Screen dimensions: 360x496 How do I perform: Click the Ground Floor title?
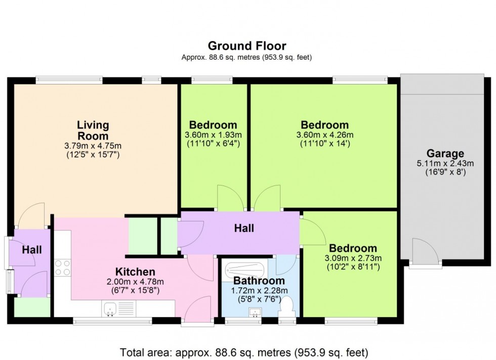coord(247,47)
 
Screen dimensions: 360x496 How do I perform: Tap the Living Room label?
coord(93,130)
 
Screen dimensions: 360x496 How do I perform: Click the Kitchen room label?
coord(135,272)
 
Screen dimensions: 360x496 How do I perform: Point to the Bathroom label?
coord(259,281)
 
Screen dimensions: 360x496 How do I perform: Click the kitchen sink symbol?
coord(112,308)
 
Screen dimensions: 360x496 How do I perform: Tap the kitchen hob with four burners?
coord(62,267)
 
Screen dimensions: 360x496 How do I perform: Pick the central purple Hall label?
coord(243,229)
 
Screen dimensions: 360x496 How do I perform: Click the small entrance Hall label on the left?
coord(32,250)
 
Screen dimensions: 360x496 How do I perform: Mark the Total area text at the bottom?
coord(247,351)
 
